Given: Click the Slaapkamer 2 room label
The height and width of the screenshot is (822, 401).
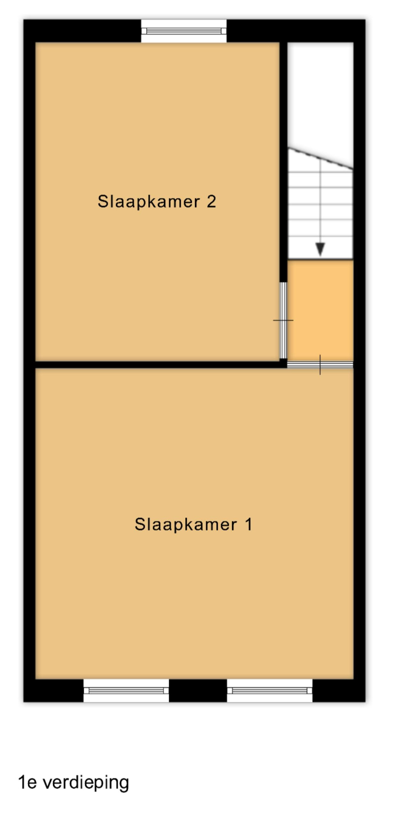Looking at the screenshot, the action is (x=157, y=201).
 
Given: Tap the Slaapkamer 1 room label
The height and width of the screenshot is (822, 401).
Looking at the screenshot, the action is (x=193, y=524).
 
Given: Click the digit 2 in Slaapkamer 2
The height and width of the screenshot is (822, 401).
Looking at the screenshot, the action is (x=211, y=201).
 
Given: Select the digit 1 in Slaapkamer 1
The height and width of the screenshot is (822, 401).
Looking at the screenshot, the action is (x=249, y=524).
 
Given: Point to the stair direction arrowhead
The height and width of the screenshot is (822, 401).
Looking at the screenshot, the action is (x=320, y=249).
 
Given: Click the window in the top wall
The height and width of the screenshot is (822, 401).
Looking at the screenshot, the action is (x=184, y=31).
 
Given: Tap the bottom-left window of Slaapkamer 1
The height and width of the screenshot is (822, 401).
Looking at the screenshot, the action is (x=126, y=690).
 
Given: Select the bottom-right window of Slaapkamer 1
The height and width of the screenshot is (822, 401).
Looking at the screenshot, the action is (x=270, y=690).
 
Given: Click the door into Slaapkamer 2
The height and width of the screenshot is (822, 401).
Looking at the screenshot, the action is (x=283, y=320).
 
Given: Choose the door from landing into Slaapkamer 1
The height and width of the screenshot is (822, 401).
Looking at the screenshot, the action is (x=320, y=364).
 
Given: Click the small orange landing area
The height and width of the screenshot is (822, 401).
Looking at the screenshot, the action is (x=320, y=311).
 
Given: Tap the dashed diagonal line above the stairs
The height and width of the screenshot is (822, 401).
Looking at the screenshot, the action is (x=320, y=158).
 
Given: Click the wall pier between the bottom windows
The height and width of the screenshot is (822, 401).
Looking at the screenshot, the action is (x=198, y=690).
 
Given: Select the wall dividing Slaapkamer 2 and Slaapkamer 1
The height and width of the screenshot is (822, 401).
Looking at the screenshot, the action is (x=158, y=364).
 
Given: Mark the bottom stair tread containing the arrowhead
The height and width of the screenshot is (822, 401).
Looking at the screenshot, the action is (x=320, y=248).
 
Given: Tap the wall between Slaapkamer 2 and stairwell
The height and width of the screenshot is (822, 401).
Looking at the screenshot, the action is (x=283, y=162).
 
